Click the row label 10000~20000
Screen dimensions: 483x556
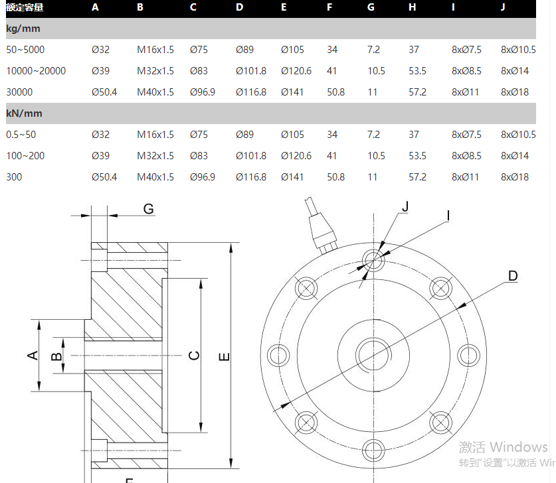click(36, 71)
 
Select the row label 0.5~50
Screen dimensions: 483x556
click(21, 135)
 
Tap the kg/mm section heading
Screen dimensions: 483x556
click(24, 29)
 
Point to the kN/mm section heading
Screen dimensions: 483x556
click(24, 113)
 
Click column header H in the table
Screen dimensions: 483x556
click(413, 7)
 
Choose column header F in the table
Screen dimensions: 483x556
click(329, 7)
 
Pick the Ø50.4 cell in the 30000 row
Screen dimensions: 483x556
click(104, 92)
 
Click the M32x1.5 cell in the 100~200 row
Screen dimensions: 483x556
click(155, 156)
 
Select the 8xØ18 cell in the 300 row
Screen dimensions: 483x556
click(515, 177)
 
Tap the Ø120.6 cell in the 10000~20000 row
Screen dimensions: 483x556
click(296, 71)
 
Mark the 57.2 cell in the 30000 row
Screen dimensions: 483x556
click(418, 92)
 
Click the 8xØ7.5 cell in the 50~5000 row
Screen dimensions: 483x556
click(466, 50)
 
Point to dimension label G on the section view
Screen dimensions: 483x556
click(148, 209)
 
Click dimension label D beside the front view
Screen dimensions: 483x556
click(512, 276)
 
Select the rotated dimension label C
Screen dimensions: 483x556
click(194, 356)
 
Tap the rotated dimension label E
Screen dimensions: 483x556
click(225, 357)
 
